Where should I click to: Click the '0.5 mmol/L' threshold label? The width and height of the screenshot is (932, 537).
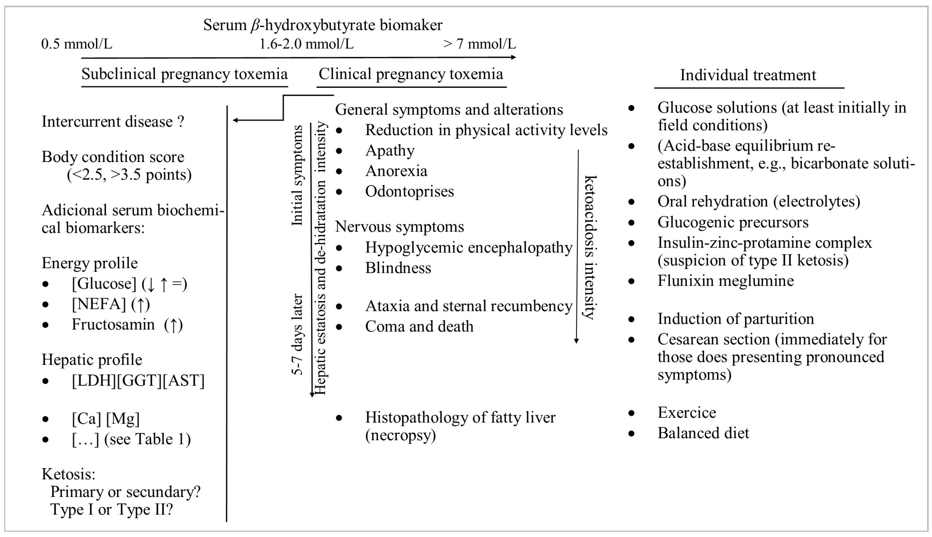coord(77,44)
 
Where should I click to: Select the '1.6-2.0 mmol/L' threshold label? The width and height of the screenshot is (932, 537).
coord(306,44)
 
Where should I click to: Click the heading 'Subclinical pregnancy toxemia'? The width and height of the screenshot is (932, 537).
coord(184,74)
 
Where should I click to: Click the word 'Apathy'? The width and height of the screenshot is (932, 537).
coord(390,151)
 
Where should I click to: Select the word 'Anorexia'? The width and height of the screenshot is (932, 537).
coord(396,171)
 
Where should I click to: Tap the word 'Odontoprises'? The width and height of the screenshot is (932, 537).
coord(409,192)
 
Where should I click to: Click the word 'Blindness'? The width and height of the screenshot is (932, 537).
coord(398,268)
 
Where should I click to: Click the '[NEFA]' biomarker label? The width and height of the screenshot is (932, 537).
coord(99,304)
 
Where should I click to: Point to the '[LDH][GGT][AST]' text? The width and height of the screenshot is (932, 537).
coord(138,381)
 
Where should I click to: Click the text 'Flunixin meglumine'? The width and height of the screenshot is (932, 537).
coord(725,281)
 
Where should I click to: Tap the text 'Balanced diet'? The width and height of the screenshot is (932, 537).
coord(703,433)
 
